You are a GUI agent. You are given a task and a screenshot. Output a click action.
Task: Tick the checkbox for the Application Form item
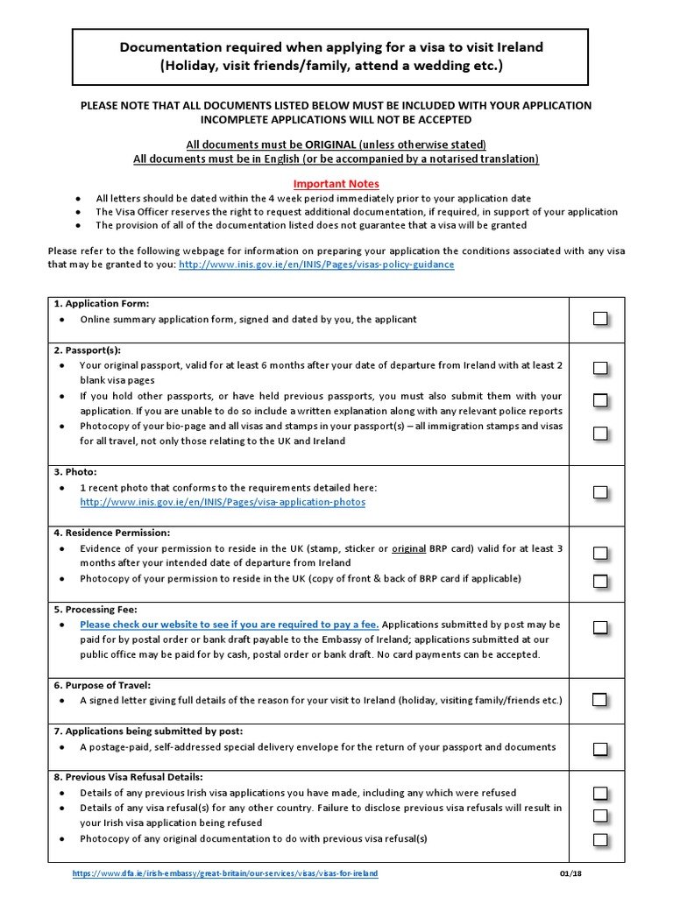tap(599, 319)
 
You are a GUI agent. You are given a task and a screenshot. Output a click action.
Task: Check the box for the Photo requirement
tap(599, 492)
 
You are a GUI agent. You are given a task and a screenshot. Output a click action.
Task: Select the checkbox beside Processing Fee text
tap(599, 627)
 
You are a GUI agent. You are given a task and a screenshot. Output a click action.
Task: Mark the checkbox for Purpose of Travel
tap(599, 699)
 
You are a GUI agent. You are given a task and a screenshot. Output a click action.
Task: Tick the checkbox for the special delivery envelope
tap(599, 749)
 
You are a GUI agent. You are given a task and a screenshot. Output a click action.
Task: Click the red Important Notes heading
tap(336, 184)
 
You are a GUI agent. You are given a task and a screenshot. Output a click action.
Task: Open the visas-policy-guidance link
tap(316, 264)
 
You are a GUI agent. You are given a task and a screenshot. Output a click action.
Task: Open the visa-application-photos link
tap(223, 503)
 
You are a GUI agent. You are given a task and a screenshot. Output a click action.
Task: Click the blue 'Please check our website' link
tap(230, 625)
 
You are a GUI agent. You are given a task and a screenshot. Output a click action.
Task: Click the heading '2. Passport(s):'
tap(87, 350)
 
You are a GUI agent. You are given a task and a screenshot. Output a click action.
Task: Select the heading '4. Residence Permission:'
tap(111, 532)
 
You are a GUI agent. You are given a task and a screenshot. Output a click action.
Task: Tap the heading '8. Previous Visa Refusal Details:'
tap(128, 776)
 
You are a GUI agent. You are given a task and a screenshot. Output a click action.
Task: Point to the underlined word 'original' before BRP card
tap(408, 548)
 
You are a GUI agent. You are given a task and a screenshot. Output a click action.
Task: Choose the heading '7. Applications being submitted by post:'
tap(148, 731)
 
